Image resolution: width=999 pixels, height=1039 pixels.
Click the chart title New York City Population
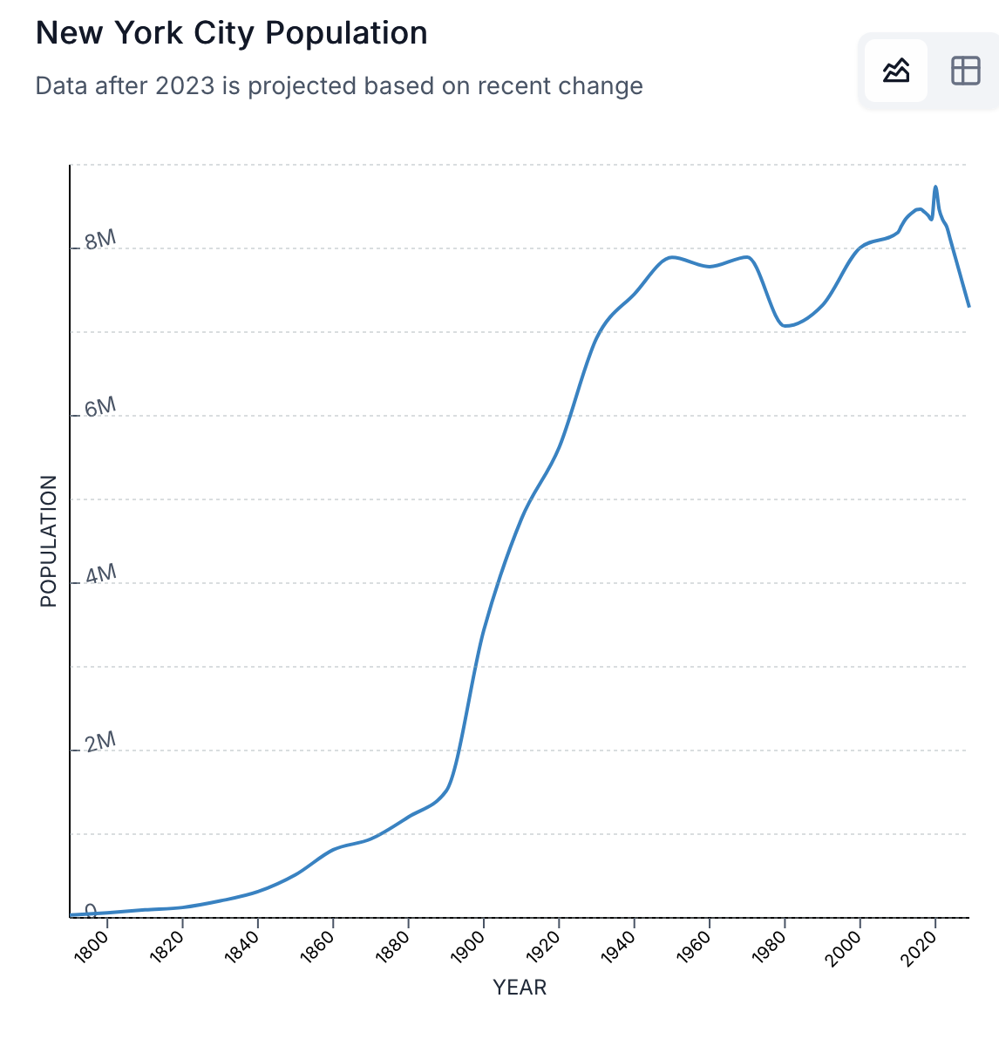231,33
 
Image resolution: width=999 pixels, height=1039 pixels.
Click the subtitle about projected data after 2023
339,85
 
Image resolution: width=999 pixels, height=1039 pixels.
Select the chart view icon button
895,71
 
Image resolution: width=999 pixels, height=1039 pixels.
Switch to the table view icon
965,71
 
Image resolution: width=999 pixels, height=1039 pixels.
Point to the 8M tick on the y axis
100,240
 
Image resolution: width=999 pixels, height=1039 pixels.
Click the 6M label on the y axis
100,407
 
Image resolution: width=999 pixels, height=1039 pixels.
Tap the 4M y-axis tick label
100,574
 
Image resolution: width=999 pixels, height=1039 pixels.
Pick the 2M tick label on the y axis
100,742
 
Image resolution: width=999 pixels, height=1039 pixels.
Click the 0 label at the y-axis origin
91,910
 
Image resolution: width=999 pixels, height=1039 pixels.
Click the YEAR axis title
520,988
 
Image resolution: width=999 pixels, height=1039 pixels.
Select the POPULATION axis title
49,541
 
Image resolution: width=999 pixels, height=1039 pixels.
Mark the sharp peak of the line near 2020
935,187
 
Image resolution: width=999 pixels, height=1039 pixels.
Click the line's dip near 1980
785,326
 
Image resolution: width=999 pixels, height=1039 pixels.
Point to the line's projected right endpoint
968,306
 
